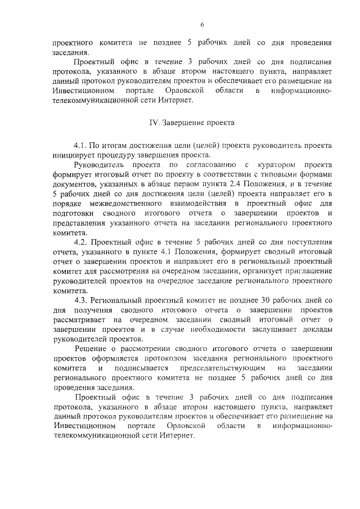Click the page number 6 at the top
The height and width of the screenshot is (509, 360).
(201, 24)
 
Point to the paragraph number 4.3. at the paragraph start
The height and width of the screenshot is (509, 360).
(83, 300)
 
